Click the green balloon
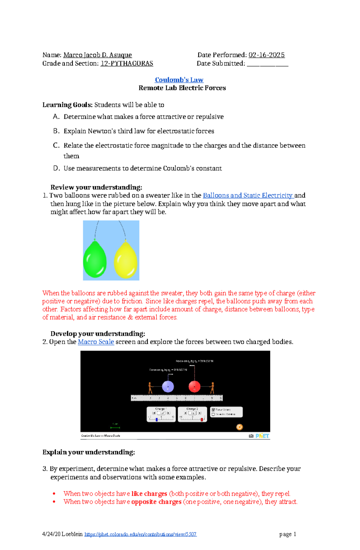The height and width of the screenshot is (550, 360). click(95, 259)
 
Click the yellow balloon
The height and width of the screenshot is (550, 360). click(126, 260)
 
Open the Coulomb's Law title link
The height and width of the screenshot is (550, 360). click(179, 80)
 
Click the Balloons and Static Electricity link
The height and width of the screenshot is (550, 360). click(248, 195)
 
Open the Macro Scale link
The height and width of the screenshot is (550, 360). click(96, 342)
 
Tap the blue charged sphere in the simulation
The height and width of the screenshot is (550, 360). click(168, 387)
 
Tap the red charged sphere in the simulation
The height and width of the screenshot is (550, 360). click(194, 387)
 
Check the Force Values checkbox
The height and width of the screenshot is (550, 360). click(213, 409)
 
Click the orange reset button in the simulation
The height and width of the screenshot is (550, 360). click(239, 427)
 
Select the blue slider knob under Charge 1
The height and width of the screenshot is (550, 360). click(157, 419)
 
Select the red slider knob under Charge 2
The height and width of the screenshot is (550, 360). click(202, 419)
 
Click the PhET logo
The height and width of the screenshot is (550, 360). click(262, 436)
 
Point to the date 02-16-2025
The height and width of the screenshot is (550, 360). click(267, 55)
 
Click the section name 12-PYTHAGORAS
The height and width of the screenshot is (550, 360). click(127, 64)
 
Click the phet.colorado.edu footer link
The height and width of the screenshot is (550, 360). click(140, 534)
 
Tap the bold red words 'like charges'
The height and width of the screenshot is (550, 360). click(149, 494)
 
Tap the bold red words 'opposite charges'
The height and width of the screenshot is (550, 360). click(156, 502)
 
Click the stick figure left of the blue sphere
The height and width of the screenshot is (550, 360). click(150, 388)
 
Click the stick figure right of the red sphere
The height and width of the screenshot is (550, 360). click(212, 388)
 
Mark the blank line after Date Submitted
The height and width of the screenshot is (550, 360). click(267, 64)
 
